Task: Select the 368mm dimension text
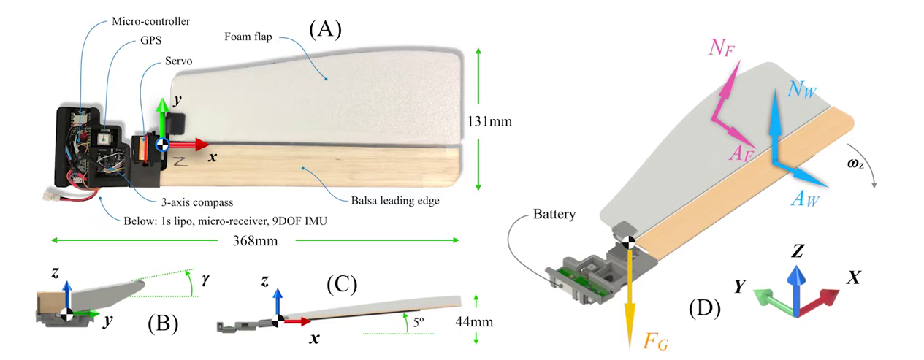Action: (256, 241)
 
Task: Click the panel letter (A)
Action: (325, 29)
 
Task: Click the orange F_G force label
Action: (656, 340)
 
